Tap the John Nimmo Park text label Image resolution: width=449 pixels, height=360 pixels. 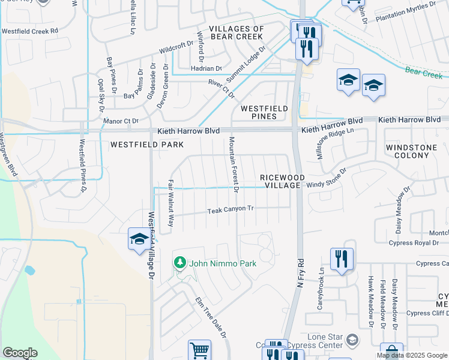223,263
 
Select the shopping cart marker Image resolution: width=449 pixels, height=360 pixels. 199,350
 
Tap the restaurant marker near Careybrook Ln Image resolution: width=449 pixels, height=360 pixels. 342,259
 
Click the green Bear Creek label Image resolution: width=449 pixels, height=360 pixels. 423,73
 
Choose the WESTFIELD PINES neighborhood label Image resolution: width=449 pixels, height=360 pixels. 267,112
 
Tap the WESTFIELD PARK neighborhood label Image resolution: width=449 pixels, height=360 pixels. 146,145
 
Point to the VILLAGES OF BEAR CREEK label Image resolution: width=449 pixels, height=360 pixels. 237,33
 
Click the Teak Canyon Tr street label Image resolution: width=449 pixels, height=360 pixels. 232,210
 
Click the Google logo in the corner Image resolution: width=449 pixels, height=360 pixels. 20,353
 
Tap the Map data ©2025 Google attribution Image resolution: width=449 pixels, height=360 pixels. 412,355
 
